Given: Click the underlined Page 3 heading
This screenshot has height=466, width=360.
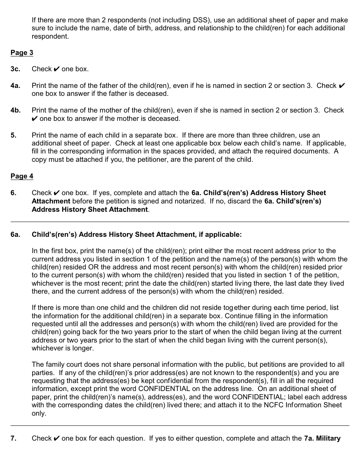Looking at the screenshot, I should click(22, 53).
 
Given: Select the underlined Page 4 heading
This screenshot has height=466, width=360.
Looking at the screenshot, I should click(22, 176).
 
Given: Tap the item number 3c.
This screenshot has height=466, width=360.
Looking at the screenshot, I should click(15, 69).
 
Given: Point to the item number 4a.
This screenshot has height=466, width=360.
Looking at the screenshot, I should click(15, 86).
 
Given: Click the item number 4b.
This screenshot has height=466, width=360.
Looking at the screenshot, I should click(15, 110).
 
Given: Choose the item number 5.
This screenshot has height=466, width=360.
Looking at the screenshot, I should click(13, 135).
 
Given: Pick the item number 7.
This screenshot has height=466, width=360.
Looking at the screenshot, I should click(13, 438).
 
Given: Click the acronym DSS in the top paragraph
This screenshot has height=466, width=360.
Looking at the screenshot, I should click(193, 20).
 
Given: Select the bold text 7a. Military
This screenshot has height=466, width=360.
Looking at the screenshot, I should click(322, 438).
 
